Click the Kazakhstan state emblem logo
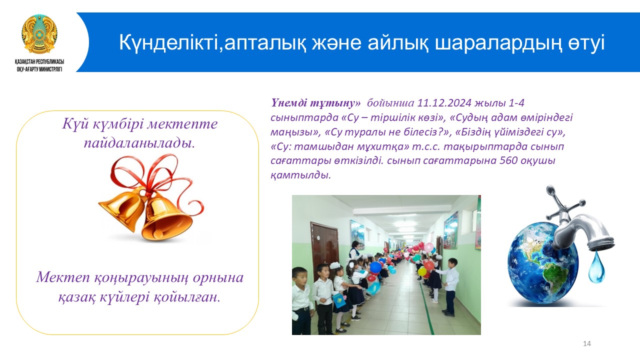tap(39, 34)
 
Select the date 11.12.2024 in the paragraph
tap(444, 103)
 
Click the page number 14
tap(587, 343)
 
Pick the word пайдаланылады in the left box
tap(139, 143)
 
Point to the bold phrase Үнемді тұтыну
tap(315, 103)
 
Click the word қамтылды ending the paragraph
tap(300, 175)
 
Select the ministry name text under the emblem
tap(39, 65)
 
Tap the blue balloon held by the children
tap(375, 267)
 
